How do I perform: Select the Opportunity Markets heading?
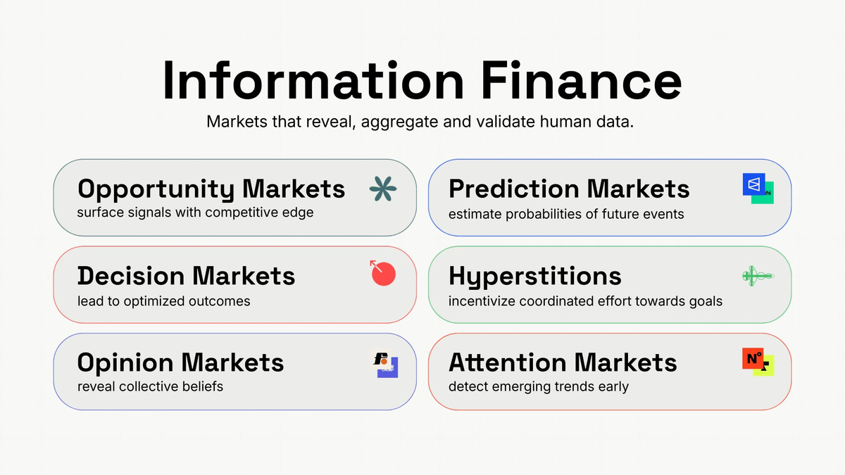click(x=211, y=189)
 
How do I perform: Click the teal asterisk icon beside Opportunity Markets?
click(x=383, y=189)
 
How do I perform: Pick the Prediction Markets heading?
click(x=569, y=189)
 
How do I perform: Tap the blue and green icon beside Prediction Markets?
click(x=758, y=188)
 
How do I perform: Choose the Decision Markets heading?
click(x=186, y=275)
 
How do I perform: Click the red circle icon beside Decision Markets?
click(x=383, y=273)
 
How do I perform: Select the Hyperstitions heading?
click(x=535, y=275)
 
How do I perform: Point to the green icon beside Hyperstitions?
click(x=758, y=276)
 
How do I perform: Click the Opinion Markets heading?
click(x=180, y=362)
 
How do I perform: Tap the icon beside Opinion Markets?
click(x=384, y=363)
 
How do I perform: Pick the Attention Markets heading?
click(x=563, y=362)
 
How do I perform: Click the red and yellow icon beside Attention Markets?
click(x=758, y=362)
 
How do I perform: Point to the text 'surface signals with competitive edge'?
click(x=195, y=213)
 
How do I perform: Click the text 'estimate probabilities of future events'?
click(x=566, y=214)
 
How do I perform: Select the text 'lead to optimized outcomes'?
click(x=163, y=301)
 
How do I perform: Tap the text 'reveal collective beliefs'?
click(x=150, y=386)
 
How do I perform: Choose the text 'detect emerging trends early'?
click(x=538, y=386)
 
